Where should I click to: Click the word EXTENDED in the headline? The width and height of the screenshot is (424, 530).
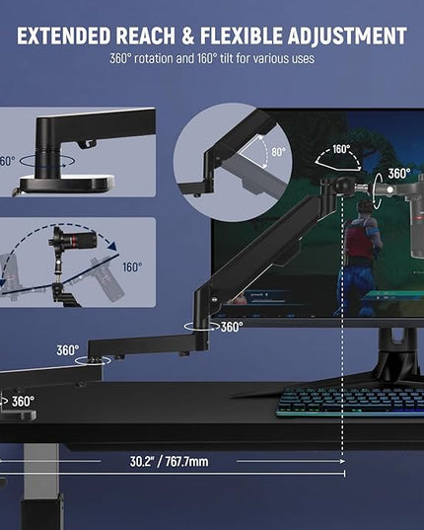[x=63, y=36]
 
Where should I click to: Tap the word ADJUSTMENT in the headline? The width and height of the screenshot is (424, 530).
[x=347, y=36]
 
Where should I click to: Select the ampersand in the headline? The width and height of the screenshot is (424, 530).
[x=188, y=36]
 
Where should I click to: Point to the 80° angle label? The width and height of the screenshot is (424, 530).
[x=278, y=152]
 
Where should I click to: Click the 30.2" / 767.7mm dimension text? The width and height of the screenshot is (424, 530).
[x=170, y=461]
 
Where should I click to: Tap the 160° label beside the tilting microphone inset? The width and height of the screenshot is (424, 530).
[x=132, y=267]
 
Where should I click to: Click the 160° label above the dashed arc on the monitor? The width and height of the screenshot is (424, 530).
[x=341, y=149]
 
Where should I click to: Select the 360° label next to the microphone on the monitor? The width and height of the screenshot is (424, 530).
[x=399, y=174]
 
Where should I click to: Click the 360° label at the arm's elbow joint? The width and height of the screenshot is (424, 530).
[x=232, y=327]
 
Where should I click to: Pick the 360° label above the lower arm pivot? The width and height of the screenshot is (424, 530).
[x=68, y=350]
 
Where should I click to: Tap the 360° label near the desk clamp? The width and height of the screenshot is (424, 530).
[x=23, y=402]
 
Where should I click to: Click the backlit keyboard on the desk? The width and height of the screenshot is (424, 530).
[x=350, y=403]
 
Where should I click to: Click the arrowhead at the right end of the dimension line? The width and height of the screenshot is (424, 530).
[x=342, y=461]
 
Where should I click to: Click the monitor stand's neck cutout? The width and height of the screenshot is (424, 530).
[x=398, y=335]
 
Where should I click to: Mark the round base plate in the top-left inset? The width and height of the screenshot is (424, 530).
[x=67, y=184]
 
